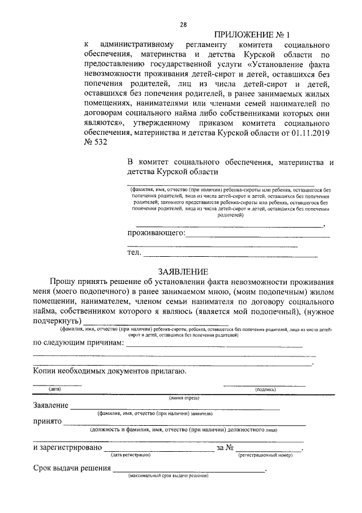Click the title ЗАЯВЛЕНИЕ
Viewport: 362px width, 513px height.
coord(183,272)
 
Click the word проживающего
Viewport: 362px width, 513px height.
coord(156,233)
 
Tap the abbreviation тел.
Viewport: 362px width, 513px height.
coord(133,253)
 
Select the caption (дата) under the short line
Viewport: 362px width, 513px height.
coord(55,390)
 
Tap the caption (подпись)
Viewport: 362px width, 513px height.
coord(265,390)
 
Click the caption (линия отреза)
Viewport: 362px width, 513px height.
coord(184,398)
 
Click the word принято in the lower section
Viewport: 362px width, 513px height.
coord(48,422)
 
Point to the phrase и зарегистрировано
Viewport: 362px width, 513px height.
coord(67,448)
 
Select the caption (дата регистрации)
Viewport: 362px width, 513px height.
coord(130,455)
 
